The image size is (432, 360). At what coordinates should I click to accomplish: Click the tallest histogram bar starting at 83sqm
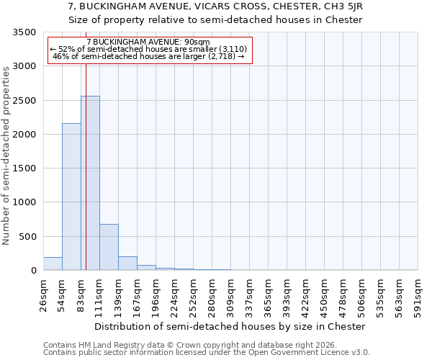pyautogui.click(x=90, y=184)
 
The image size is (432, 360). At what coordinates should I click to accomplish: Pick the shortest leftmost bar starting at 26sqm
pyautogui.click(x=53, y=264)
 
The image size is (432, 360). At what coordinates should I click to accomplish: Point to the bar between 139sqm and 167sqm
pyautogui.click(x=127, y=263)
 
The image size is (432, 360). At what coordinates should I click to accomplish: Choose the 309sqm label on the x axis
pyautogui.click(x=230, y=294)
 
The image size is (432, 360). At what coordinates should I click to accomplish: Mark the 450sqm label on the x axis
pyautogui.click(x=324, y=294)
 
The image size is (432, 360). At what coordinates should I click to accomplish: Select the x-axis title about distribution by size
pyautogui.click(x=230, y=326)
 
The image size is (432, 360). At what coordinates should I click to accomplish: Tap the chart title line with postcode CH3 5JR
pyautogui.click(x=215, y=6)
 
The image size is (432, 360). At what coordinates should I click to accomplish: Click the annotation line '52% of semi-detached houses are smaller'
pyautogui.click(x=150, y=49)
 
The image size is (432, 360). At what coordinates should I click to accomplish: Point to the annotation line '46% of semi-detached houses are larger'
pyautogui.click(x=150, y=56)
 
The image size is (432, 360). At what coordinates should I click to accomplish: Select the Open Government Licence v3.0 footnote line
pyautogui.click(x=207, y=353)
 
